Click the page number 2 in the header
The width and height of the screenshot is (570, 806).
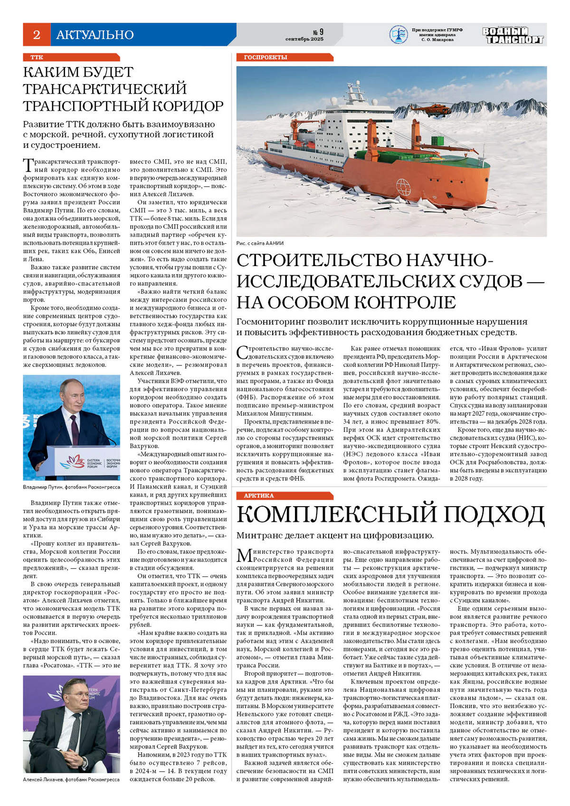coord(37,35)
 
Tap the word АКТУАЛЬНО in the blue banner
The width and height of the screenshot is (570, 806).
coord(95,35)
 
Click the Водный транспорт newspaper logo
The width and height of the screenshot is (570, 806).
coord(513,35)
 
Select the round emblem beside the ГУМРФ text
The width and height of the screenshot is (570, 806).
coord(398,35)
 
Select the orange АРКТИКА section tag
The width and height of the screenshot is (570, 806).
coord(259,496)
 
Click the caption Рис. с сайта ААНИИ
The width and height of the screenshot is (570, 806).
coord(260,243)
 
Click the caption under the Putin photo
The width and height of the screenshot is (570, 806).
coord(71,487)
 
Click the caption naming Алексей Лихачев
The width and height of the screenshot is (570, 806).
coord(71,780)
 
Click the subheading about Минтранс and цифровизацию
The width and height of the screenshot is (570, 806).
coord(335,536)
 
